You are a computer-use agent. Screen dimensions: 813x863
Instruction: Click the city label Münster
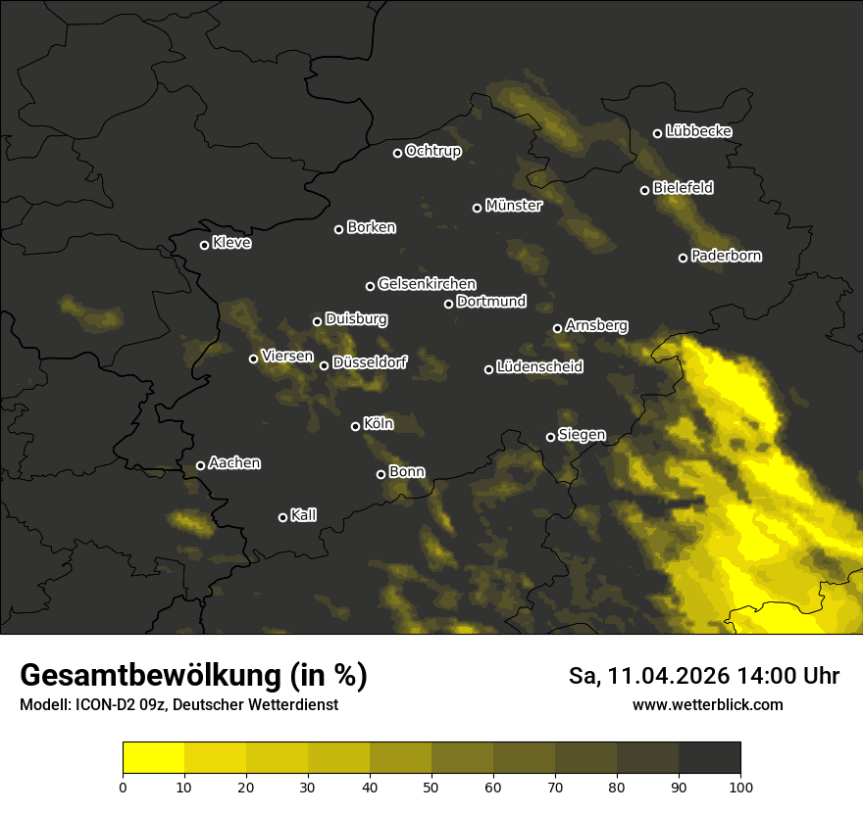514,206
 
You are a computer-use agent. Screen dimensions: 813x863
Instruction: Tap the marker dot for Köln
355,426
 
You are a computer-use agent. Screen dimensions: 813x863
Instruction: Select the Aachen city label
234,463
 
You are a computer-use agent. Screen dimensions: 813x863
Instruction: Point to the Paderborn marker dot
683,258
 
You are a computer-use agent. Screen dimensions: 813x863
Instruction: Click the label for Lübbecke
698,131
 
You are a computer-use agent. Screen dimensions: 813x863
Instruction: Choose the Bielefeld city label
683,187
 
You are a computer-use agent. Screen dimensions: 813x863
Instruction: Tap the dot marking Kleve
204,245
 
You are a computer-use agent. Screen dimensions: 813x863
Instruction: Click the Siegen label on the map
582,435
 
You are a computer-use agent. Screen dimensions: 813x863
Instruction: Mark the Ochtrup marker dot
397,153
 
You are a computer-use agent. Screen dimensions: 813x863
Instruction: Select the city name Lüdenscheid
539,367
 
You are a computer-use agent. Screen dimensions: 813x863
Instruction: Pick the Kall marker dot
282,517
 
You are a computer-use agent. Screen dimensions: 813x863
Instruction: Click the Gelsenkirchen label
427,284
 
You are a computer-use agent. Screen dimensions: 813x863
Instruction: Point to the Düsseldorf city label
369,362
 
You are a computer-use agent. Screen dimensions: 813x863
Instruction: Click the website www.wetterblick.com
707,705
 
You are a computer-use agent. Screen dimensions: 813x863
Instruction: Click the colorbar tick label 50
431,786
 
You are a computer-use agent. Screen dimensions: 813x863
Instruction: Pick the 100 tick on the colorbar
740,786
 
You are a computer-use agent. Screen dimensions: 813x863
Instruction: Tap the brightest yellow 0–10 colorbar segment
154,757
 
